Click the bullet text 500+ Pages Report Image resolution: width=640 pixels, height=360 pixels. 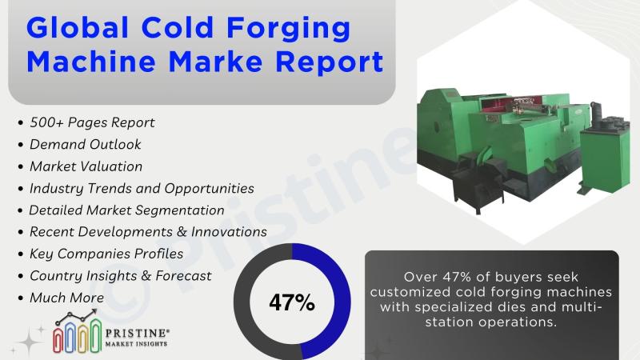[92, 122]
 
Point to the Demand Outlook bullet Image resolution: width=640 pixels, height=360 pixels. [86, 144]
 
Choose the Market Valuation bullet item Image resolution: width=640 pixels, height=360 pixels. [86, 166]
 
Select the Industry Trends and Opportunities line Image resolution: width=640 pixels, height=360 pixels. [142, 188]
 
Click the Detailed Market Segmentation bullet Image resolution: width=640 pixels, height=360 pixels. [126, 210]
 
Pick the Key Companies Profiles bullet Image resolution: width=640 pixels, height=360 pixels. [106, 254]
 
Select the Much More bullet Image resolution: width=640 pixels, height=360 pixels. [66, 298]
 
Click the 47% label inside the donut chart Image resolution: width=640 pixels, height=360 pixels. [292, 302]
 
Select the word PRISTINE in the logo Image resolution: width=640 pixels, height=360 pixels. [135, 333]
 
